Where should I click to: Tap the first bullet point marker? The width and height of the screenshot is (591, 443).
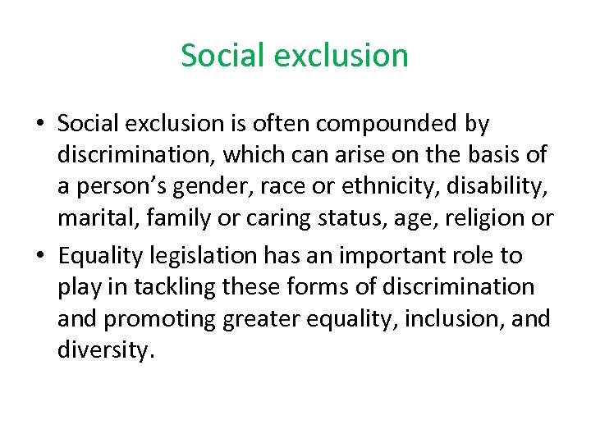[39, 125]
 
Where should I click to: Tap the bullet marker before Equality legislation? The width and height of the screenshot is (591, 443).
[39, 256]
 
